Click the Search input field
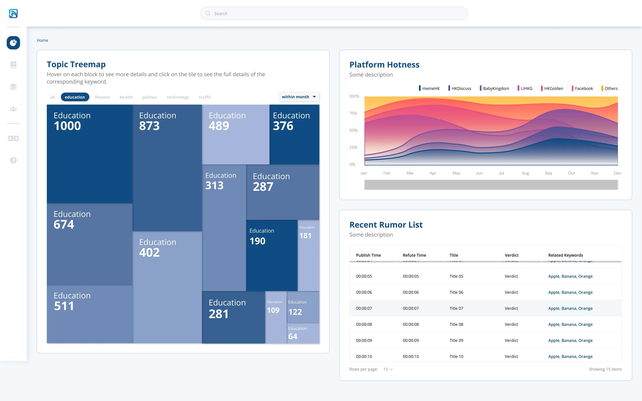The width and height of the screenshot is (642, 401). (x=334, y=14)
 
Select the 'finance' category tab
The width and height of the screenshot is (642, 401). (x=102, y=97)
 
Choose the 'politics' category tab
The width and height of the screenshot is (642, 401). (x=150, y=97)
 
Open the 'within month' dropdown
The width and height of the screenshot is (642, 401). (x=299, y=97)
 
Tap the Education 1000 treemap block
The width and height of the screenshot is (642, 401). (x=90, y=154)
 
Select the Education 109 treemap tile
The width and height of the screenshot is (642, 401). (x=276, y=317)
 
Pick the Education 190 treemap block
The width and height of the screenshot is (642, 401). (x=272, y=255)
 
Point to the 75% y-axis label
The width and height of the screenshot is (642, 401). (x=353, y=113)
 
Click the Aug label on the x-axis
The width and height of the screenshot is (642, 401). (x=525, y=173)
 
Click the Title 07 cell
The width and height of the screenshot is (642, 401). (x=456, y=308)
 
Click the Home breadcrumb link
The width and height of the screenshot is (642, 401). (x=42, y=40)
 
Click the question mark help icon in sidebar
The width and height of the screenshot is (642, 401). (x=13, y=160)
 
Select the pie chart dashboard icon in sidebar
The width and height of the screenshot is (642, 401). (x=13, y=43)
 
